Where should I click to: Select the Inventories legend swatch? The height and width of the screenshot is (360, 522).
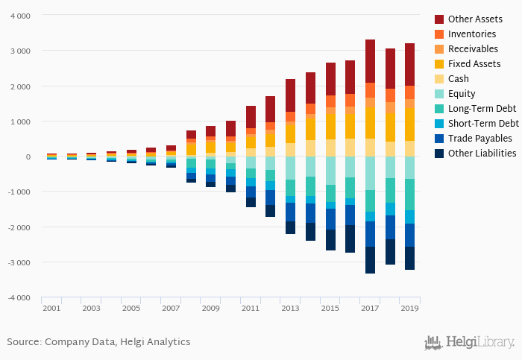(439, 34)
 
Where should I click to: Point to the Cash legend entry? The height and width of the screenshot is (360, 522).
(459, 79)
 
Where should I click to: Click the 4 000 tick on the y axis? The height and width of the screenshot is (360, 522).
(20, 16)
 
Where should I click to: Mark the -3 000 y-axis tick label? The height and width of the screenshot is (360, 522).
(19, 262)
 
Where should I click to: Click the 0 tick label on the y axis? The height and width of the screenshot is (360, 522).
(28, 157)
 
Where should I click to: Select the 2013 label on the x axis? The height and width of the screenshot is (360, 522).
(290, 308)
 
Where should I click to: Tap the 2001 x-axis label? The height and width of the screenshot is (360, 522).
(51, 308)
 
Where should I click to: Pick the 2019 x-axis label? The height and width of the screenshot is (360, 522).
(409, 308)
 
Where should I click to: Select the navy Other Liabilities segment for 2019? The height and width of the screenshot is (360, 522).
(409, 258)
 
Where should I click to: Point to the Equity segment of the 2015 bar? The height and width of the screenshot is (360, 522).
(330, 171)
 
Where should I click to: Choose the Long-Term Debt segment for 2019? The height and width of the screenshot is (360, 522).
(409, 195)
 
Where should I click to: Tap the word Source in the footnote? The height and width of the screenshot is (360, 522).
(23, 342)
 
